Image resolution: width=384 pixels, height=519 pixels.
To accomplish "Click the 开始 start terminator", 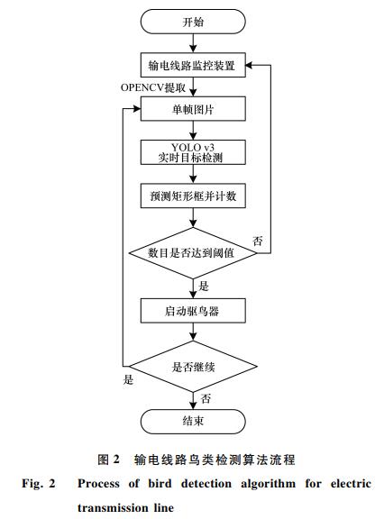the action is [193, 22].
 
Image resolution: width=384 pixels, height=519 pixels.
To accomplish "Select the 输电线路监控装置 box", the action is [193, 65].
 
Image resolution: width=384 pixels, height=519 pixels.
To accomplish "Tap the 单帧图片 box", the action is [193, 108].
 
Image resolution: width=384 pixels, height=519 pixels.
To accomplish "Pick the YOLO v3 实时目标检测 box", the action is [193, 152].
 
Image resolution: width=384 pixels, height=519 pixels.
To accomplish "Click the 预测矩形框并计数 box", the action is [193, 196].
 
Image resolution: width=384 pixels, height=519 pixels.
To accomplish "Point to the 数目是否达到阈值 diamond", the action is [193, 253].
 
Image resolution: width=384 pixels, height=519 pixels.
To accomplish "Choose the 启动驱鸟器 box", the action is [193, 311].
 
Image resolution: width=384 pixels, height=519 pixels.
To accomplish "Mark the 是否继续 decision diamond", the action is [193, 367].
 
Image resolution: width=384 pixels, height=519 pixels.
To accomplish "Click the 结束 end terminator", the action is [193, 422].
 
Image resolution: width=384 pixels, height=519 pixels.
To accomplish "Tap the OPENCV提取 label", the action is [153, 87].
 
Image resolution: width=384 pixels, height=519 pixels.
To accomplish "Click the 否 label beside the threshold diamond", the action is [258, 241].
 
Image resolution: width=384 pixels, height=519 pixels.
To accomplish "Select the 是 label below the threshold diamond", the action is [204, 286].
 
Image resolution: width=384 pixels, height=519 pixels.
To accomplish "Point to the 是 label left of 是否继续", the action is [128, 379].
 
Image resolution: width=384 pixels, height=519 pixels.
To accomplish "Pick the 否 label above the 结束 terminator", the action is [206, 398].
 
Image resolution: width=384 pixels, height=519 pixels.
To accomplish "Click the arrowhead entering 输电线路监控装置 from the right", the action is [249, 65].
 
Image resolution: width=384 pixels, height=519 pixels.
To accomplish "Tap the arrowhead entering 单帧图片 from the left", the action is [137, 108].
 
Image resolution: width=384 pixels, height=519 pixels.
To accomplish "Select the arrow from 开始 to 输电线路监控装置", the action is [193, 43].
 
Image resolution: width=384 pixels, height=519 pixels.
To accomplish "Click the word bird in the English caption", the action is [160, 483].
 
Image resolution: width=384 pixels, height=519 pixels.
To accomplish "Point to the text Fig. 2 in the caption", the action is [39, 484].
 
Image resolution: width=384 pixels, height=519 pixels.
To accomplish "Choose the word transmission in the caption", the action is [113, 508].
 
